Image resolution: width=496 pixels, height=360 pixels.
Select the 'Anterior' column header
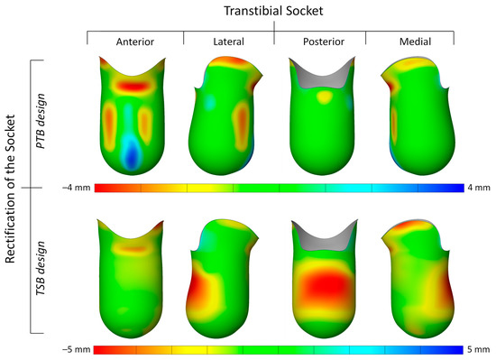click(135, 41)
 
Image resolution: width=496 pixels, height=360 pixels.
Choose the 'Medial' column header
click(407, 41)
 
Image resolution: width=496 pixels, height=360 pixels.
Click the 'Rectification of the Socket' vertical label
click(14, 186)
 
